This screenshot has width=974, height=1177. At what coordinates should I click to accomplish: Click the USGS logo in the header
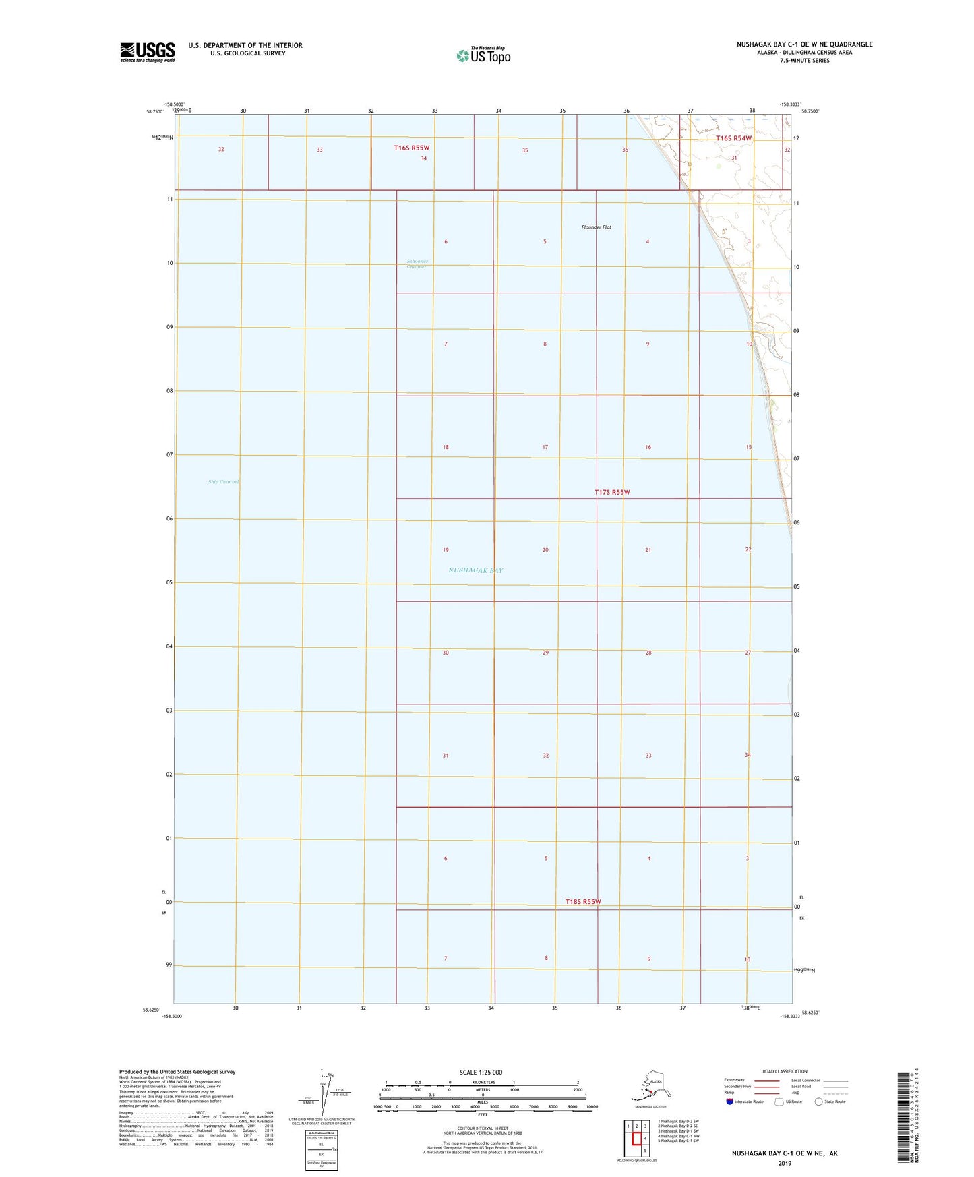pyautogui.click(x=148, y=52)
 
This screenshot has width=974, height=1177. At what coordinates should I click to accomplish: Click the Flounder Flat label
pyautogui.click(x=596, y=227)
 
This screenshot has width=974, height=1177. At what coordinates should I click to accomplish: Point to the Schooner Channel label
pyautogui.click(x=417, y=264)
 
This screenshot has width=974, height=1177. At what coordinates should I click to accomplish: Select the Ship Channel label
pyautogui.click(x=223, y=482)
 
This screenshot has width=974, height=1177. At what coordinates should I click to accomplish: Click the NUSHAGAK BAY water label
pyautogui.click(x=475, y=570)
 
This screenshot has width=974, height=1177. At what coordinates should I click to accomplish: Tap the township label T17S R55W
pyautogui.click(x=612, y=492)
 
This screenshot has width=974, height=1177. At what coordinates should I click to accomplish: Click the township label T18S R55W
pyautogui.click(x=583, y=901)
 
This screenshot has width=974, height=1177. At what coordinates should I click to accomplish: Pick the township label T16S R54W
pyautogui.click(x=733, y=138)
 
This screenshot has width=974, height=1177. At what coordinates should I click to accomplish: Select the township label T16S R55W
pyautogui.click(x=412, y=148)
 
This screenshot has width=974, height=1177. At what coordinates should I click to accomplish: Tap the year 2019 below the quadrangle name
pyautogui.click(x=784, y=1163)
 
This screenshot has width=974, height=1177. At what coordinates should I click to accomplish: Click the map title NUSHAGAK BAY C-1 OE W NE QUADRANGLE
pyautogui.click(x=804, y=44)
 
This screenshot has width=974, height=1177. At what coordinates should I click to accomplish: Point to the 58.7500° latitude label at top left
pyautogui.click(x=155, y=112)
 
